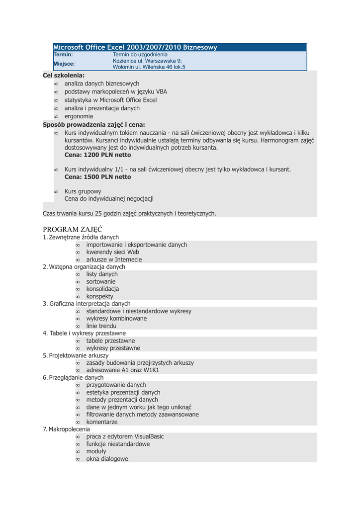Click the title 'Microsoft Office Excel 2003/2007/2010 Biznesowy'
135,47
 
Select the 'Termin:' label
63,54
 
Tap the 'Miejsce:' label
64,64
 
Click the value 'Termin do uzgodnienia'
140,54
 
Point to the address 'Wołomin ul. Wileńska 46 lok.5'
149,67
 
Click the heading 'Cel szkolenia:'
64,75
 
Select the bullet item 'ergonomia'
79,116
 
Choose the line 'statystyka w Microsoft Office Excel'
110,100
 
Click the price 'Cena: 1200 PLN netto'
98,155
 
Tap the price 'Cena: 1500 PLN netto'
98,177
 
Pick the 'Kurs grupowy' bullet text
83,191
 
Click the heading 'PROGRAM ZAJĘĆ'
73,229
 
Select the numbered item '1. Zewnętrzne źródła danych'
81,238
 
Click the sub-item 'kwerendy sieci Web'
113,252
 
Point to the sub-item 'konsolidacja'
102,289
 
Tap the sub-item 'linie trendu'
101,326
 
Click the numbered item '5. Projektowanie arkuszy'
76,355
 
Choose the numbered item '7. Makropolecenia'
67,429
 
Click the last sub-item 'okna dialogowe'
107,459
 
